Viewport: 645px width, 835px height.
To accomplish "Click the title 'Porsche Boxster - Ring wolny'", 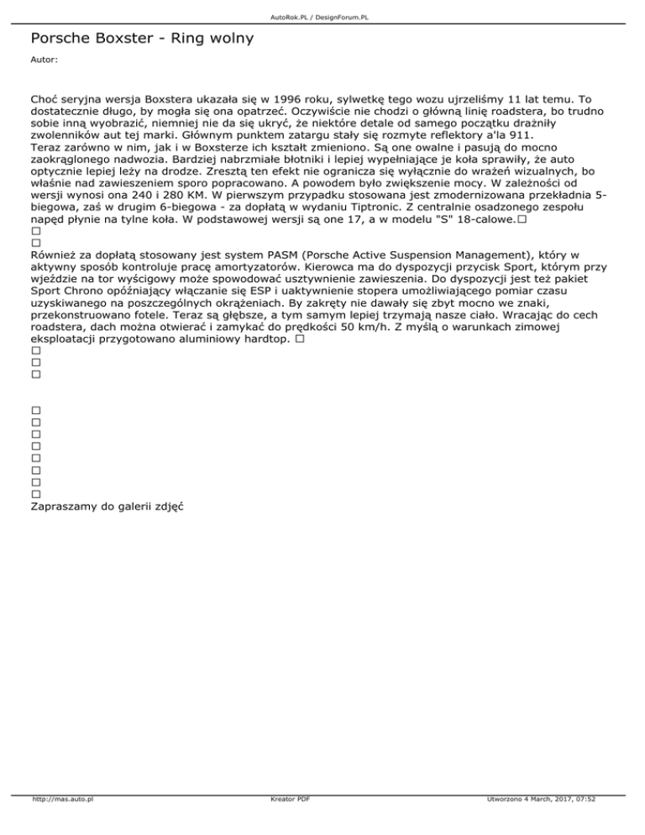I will (141, 39).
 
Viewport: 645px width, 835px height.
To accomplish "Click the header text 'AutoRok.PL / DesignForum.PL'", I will (322, 16).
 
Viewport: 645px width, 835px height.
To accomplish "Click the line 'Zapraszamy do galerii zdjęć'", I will (107, 507).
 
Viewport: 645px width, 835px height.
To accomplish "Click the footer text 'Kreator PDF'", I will (286, 823).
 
